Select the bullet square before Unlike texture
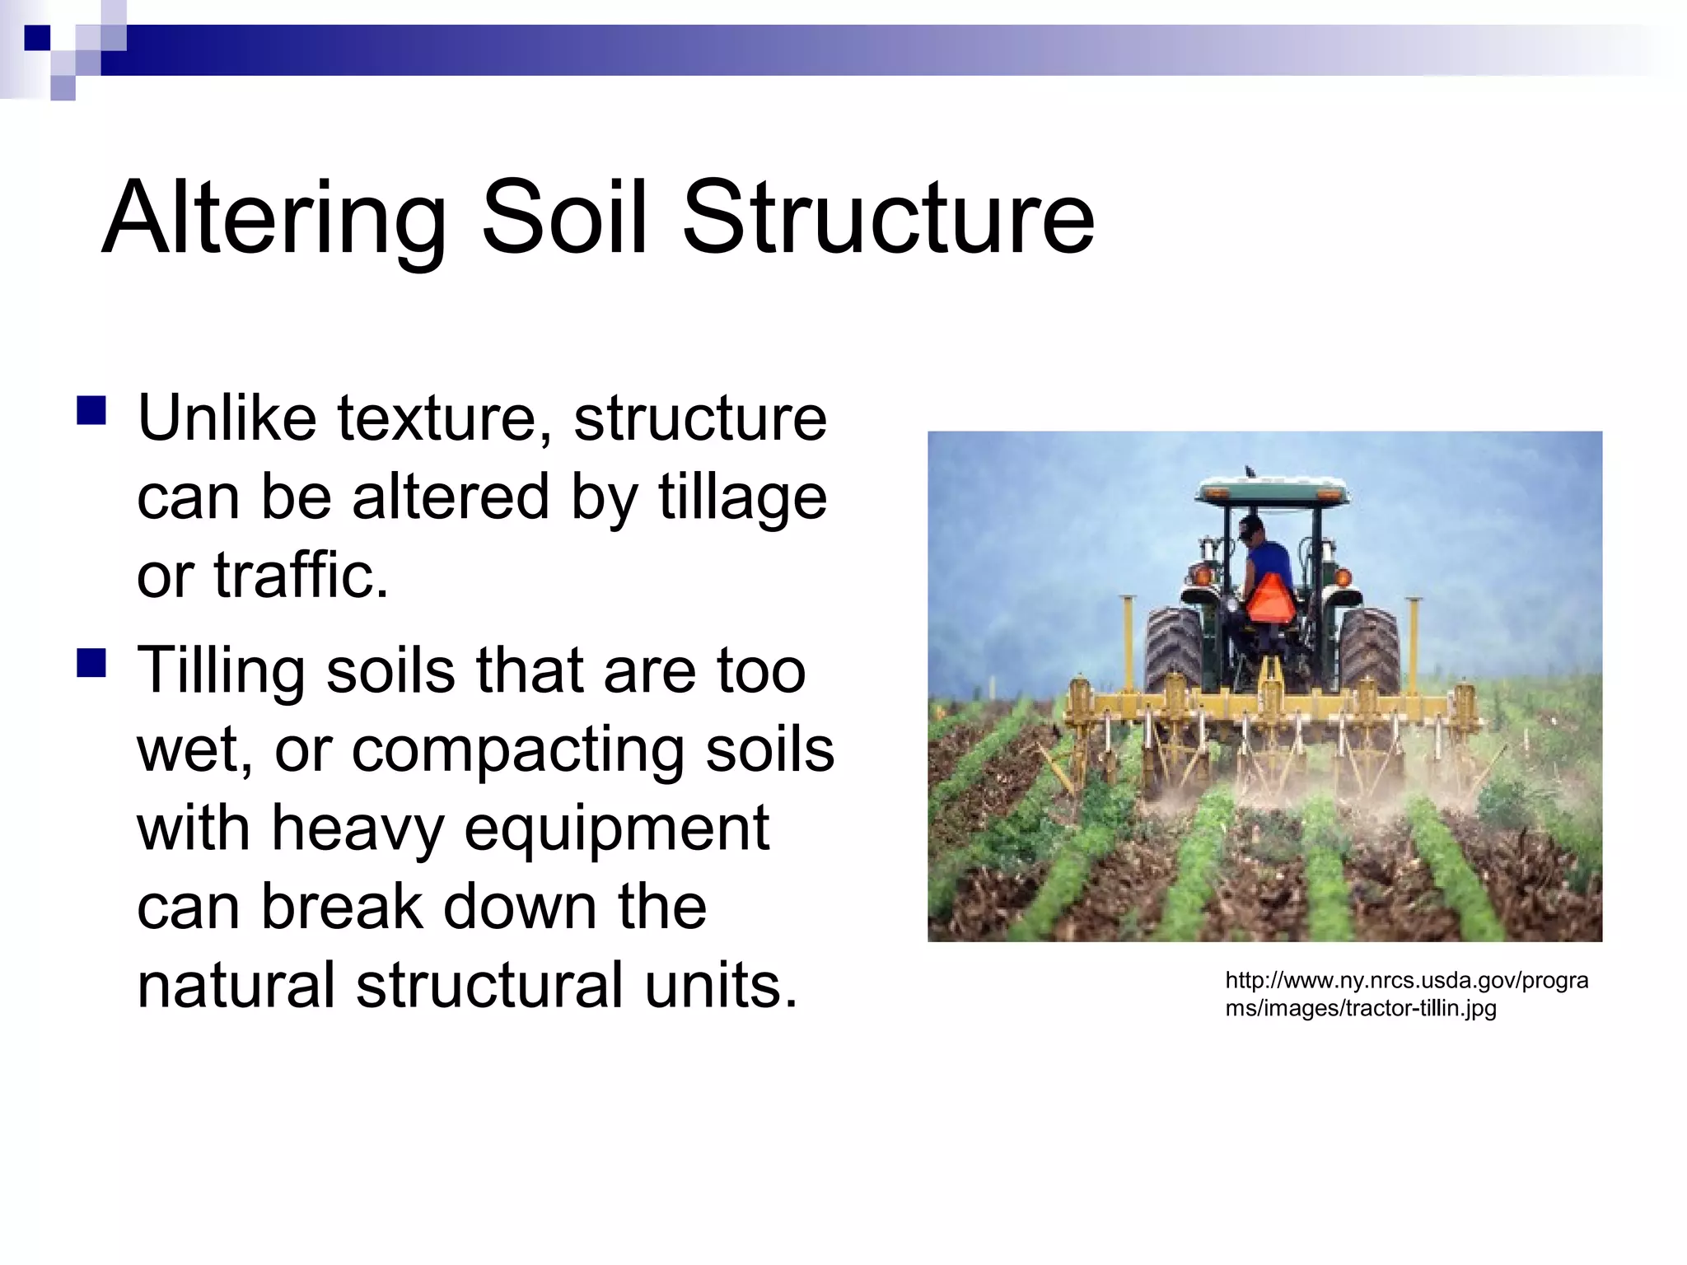point(91,410)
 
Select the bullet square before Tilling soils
point(91,663)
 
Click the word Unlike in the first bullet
point(227,418)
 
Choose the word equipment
point(616,829)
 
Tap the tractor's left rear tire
point(1173,651)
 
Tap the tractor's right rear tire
point(1368,651)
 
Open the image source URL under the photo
point(1405,994)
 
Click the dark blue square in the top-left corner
point(37,38)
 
